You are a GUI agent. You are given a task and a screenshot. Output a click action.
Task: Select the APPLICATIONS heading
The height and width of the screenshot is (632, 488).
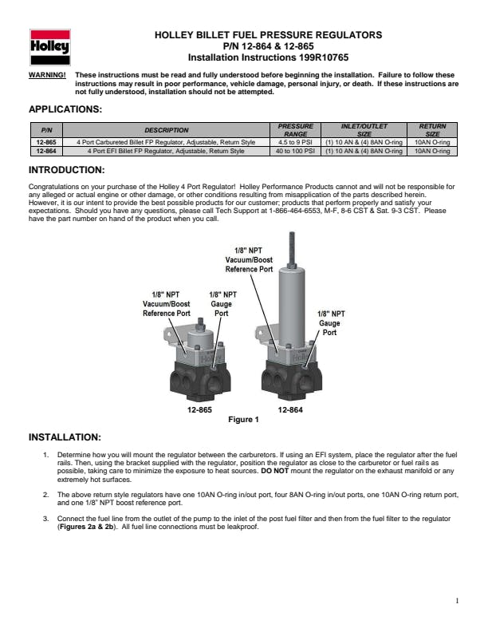(x=65, y=109)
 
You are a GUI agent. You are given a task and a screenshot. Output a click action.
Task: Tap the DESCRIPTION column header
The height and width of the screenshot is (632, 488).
(x=166, y=130)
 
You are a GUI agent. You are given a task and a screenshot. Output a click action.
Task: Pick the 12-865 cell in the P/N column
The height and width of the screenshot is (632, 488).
(x=45, y=142)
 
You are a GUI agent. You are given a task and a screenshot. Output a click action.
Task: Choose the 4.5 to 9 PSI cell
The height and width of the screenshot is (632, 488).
(x=295, y=142)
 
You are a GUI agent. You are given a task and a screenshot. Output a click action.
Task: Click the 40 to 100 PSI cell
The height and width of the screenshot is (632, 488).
(x=295, y=150)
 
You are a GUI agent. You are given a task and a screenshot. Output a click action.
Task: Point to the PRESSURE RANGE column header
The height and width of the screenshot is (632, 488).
(x=295, y=130)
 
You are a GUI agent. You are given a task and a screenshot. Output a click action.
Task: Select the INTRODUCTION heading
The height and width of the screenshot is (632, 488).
(x=67, y=170)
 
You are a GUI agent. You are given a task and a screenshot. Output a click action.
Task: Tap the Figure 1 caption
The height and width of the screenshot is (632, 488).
(x=243, y=420)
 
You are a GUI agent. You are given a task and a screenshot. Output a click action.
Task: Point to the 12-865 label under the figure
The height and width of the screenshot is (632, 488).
(x=199, y=409)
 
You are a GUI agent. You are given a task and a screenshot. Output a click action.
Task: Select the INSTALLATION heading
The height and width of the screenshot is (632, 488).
(x=65, y=437)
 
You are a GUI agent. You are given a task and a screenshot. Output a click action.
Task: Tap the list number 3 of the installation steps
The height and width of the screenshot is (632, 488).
(x=45, y=519)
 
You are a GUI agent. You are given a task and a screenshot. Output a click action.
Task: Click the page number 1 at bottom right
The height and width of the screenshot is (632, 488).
(x=456, y=601)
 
